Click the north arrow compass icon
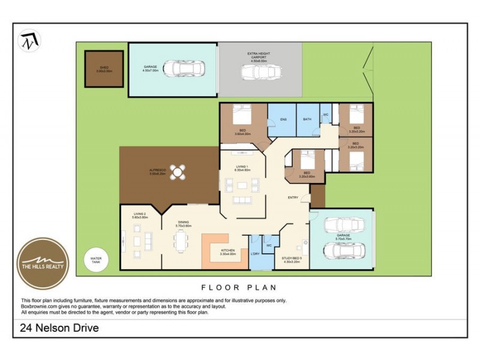(28, 41)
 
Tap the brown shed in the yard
(104, 69)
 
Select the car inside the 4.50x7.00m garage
(184, 68)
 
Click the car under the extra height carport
(262, 73)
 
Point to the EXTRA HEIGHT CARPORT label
(259, 56)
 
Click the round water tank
(96, 260)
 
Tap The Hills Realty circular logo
(42, 263)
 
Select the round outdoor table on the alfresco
(178, 173)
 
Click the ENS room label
(283, 119)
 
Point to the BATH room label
(307, 119)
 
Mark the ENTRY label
(293, 197)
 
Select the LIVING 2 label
(140, 214)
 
